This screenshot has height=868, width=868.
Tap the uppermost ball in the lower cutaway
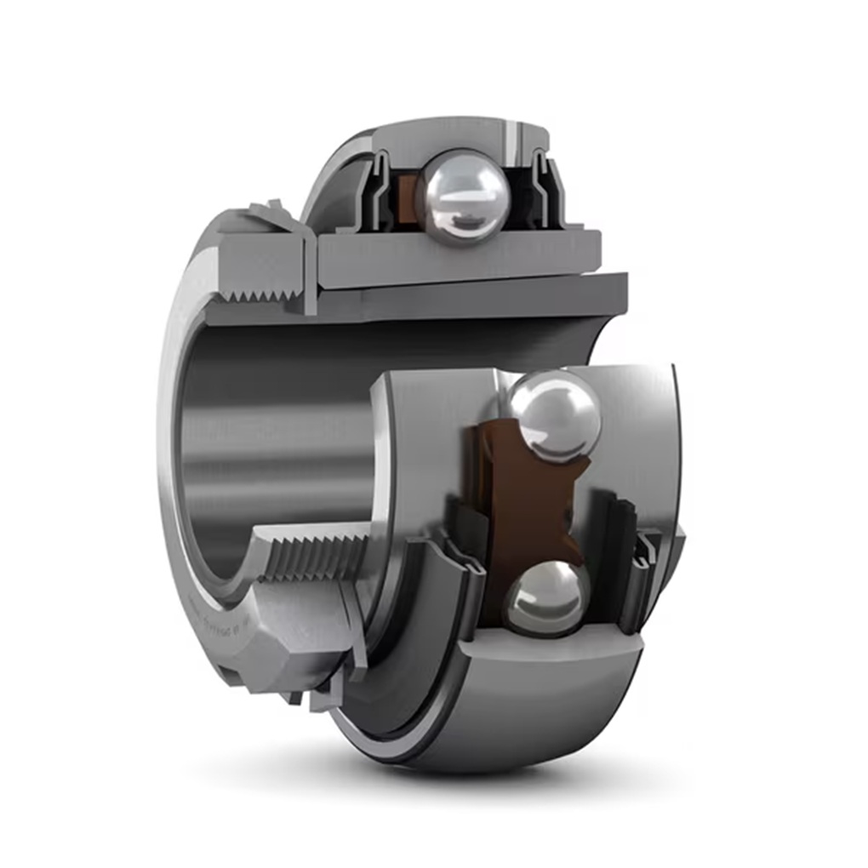[554, 416]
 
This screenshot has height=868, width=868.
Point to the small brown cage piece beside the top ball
[407, 198]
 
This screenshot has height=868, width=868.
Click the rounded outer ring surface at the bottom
[511, 706]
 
